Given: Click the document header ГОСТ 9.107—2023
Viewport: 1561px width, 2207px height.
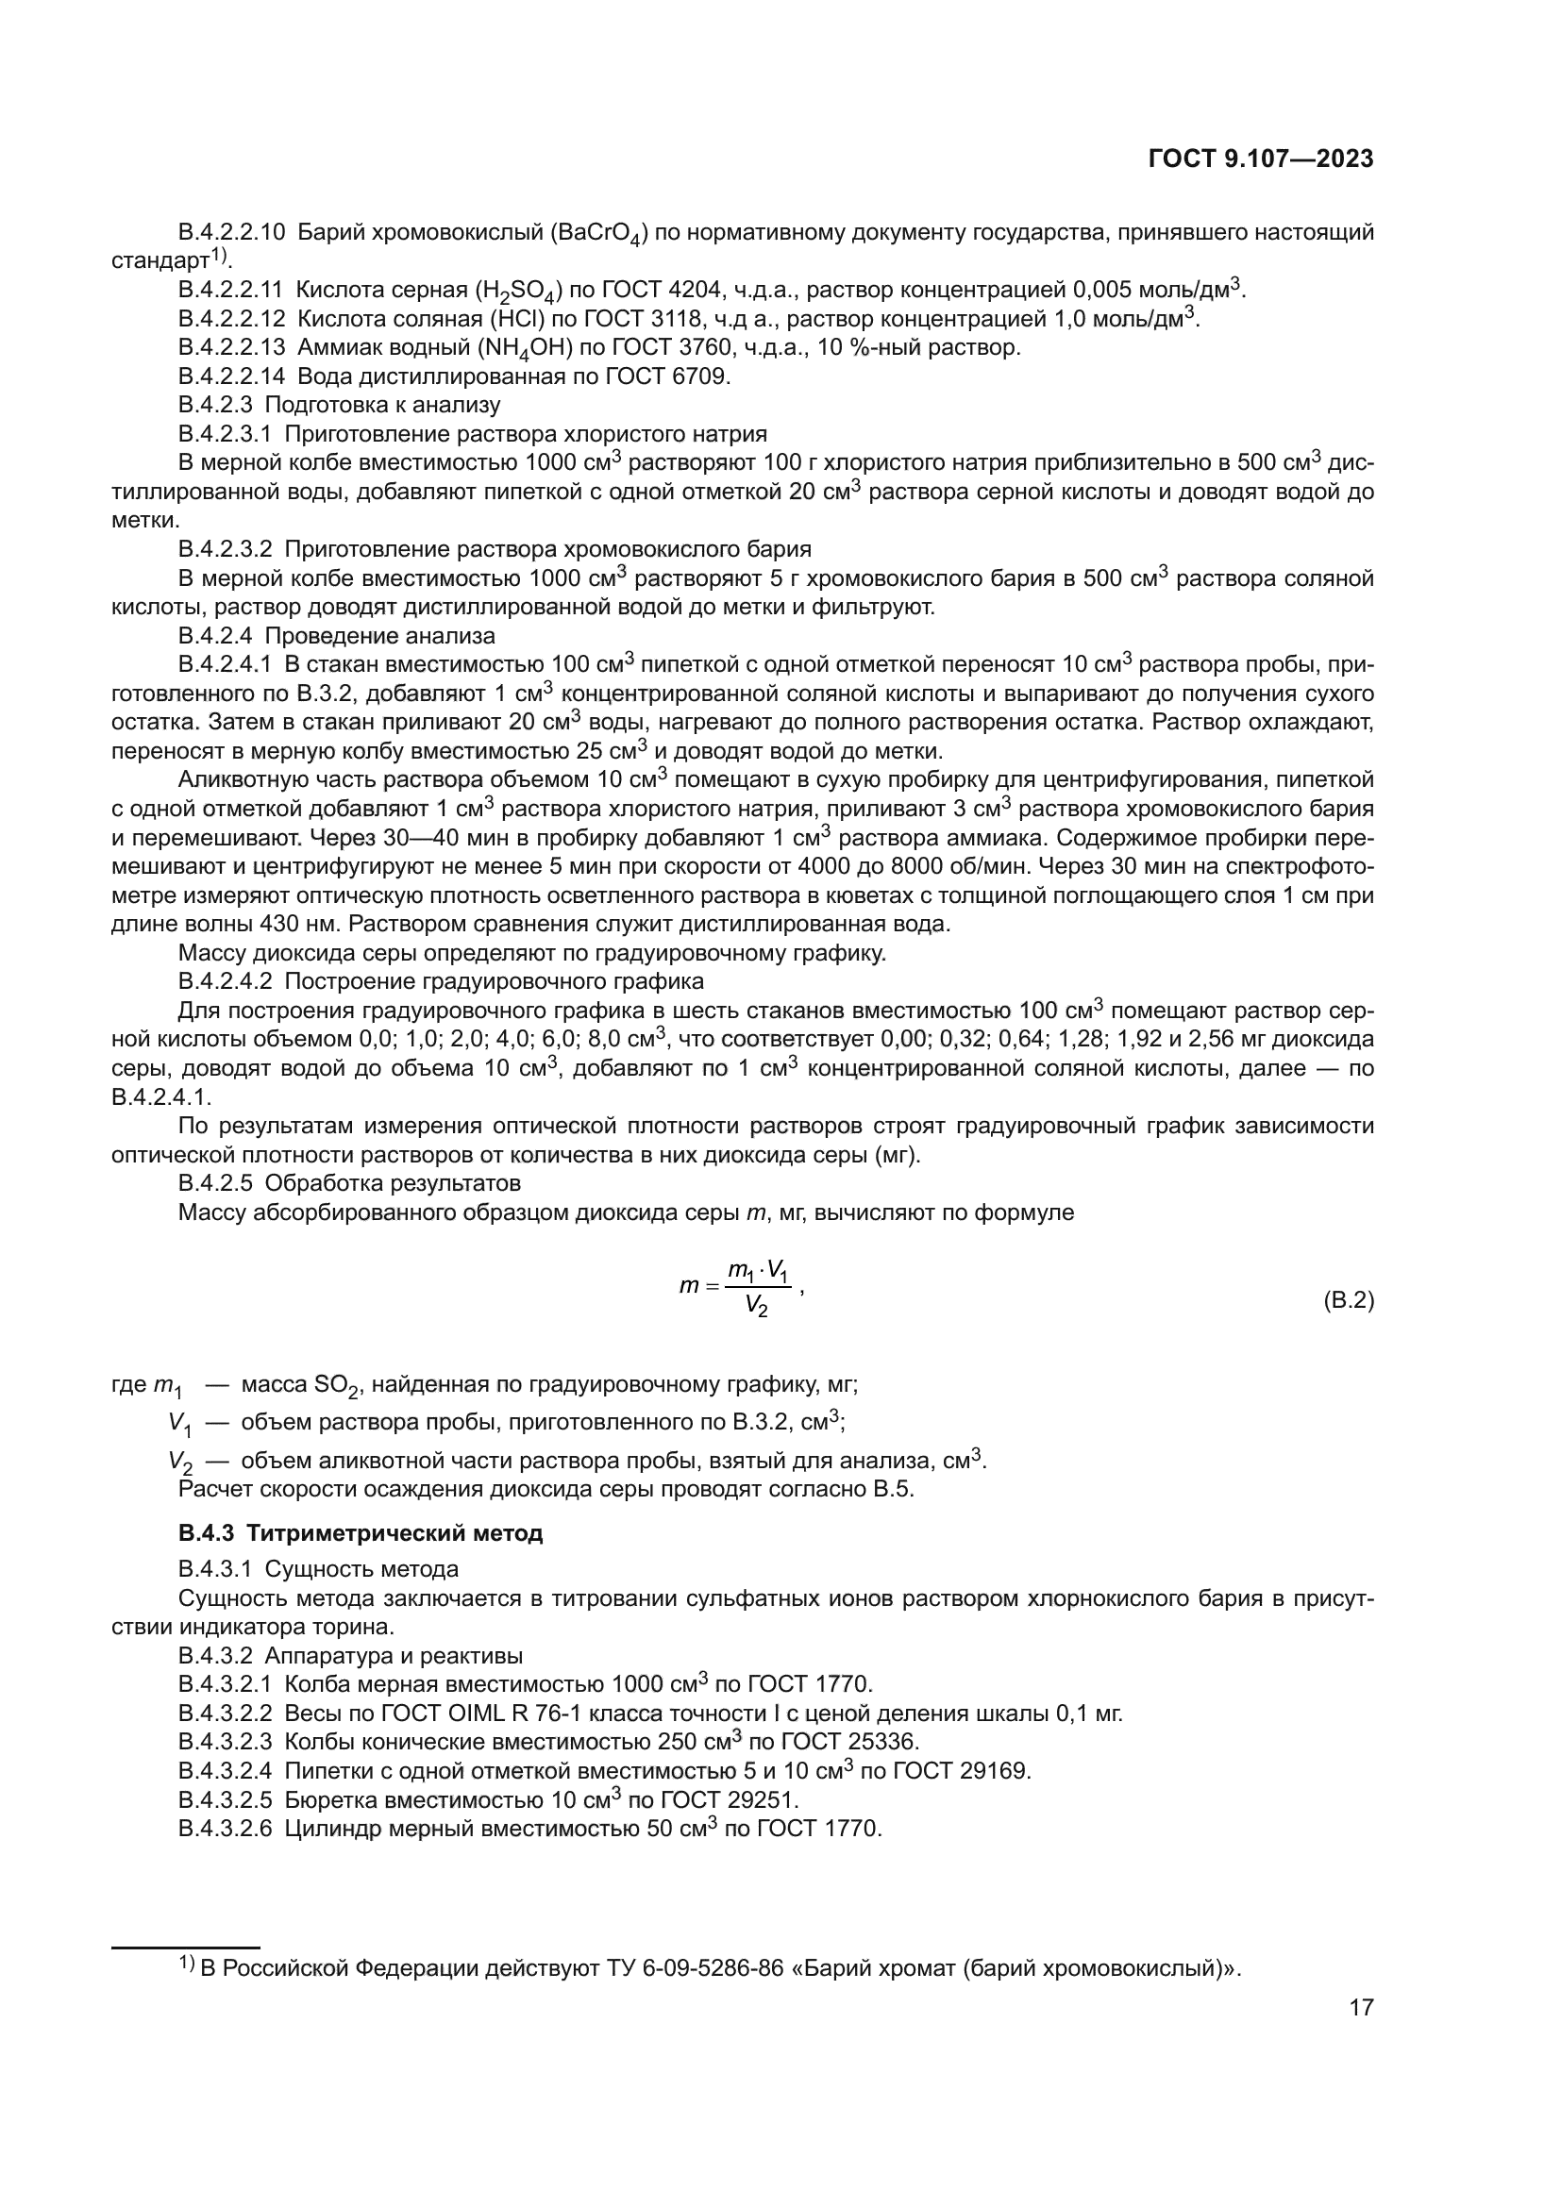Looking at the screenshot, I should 1261,159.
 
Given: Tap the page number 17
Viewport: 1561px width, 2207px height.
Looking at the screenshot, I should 1361,2007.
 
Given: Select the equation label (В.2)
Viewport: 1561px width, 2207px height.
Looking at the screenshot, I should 1349,1301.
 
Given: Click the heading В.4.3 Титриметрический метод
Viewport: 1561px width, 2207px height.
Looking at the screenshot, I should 361,1533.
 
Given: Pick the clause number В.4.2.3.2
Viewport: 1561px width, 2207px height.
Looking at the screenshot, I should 226,549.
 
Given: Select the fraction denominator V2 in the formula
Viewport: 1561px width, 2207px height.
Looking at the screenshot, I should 757,1306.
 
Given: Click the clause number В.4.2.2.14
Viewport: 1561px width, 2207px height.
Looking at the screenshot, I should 231,376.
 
